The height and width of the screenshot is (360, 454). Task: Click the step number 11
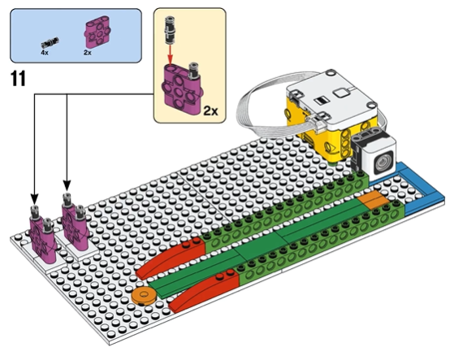point(18,79)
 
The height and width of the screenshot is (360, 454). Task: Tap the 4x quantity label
point(45,53)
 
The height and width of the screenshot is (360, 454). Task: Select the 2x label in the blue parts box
point(88,53)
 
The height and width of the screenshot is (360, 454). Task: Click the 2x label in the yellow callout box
point(210,111)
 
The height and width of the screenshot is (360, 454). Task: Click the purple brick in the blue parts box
point(98,32)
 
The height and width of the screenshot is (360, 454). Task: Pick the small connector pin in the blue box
point(50,42)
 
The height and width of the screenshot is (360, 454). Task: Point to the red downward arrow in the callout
point(171,54)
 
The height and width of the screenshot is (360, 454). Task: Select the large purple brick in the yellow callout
point(182,89)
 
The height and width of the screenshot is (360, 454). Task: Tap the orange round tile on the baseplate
point(144,296)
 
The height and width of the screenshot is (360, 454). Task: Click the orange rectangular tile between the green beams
point(374,199)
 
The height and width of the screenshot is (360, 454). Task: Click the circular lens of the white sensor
point(383,162)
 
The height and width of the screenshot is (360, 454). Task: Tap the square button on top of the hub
point(342,93)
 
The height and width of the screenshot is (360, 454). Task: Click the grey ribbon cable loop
point(266,107)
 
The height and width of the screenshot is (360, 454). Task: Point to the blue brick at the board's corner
point(418,191)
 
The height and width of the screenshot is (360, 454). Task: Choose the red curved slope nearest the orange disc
point(170,257)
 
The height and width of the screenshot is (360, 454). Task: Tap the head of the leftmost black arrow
point(34,198)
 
